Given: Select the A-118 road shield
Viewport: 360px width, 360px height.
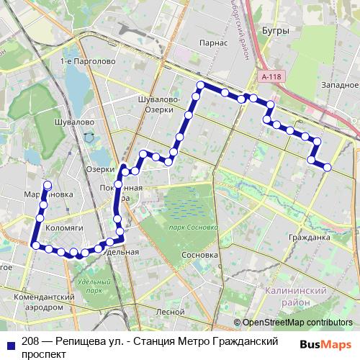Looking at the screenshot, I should [x=271, y=76].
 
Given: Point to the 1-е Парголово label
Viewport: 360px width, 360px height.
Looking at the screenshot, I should [x=89, y=62].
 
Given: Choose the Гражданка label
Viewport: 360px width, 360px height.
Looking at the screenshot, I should [x=307, y=236].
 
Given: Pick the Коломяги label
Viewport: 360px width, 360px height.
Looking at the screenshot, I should [x=65, y=227].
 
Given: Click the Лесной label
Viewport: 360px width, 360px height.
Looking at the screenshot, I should [x=171, y=312].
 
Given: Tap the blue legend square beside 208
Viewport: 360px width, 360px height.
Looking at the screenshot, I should [x=9, y=344].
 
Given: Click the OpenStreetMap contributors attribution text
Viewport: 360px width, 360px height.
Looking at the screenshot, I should [x=297, y=323].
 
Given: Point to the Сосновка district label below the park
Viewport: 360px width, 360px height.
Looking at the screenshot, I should [x=200, y=255].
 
